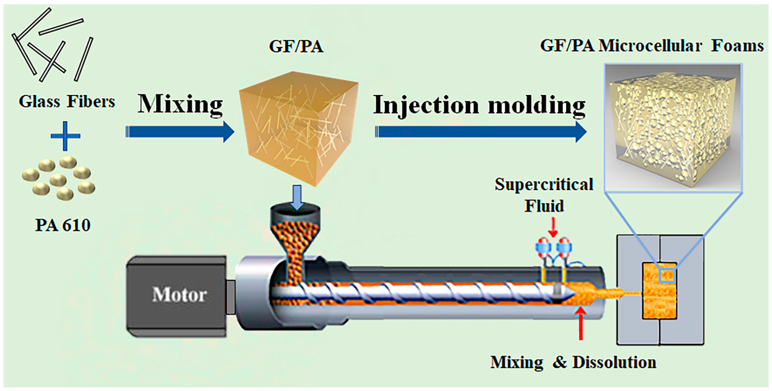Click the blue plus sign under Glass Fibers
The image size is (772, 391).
[65, 136]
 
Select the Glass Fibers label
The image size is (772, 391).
[67, 101]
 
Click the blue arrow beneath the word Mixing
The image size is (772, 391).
[180, 132]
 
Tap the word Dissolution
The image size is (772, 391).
[614, 362]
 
